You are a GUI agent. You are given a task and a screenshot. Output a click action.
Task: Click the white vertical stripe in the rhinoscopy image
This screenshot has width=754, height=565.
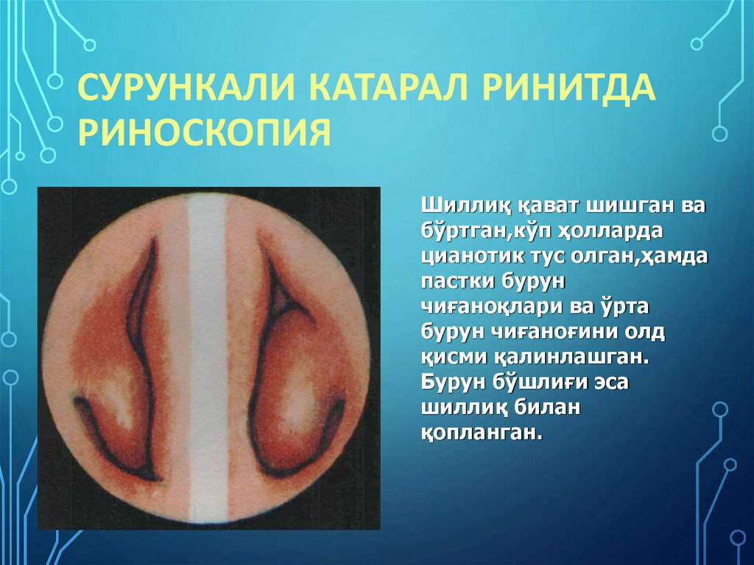[x=208, y=354]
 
